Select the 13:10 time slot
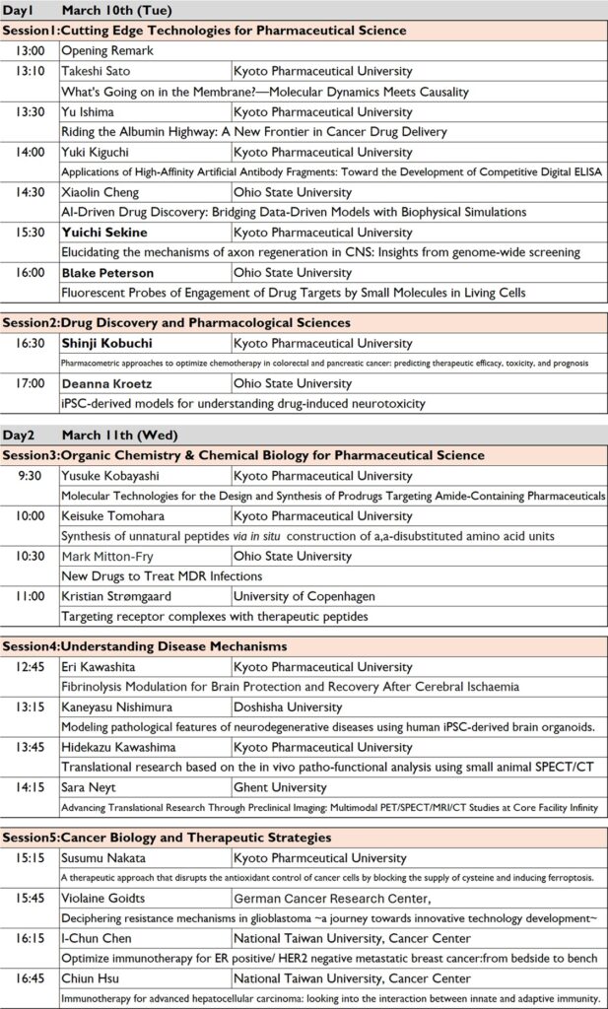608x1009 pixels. (31, 72)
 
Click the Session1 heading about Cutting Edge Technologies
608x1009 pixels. (204, 31)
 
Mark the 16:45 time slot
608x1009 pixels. (31, 978)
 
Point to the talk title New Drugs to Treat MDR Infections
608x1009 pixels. (163, 575)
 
